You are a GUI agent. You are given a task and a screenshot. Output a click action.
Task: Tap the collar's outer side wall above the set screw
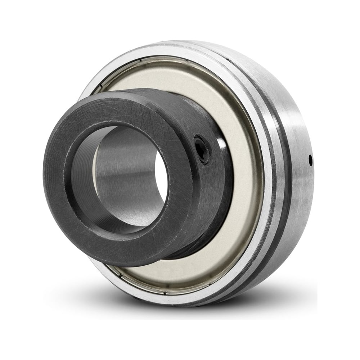pyautogui.click(x=187, y=115)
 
